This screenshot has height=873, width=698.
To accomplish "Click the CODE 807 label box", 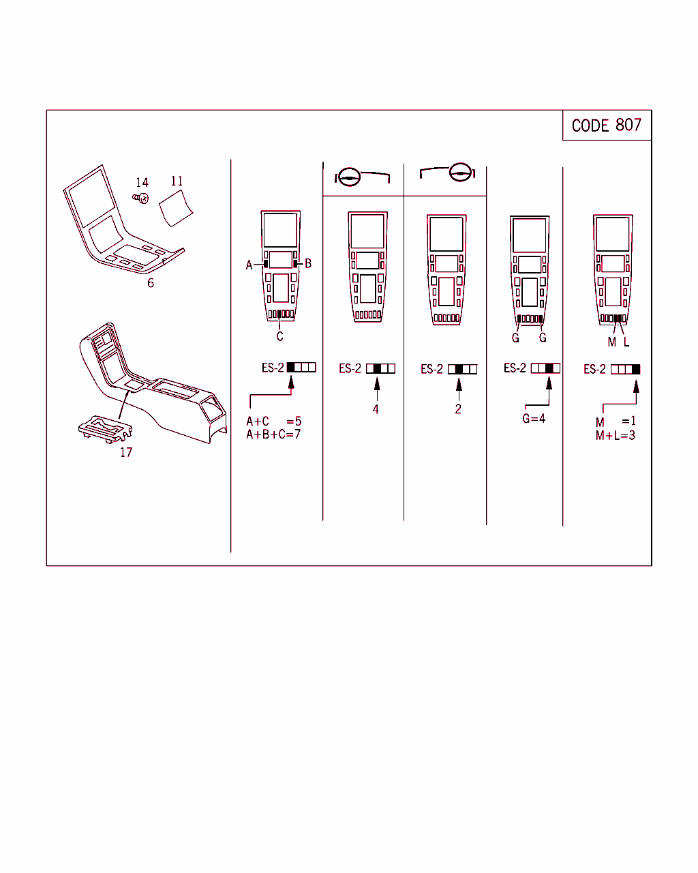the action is (x=607, y=125).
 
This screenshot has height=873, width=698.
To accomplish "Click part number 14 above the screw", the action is (x=142, y=182).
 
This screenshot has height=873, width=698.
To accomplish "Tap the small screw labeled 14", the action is (x=140, y=198).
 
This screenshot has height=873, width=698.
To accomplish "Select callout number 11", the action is (x=177, y=181).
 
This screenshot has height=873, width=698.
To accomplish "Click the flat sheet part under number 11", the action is (x=176, y=208).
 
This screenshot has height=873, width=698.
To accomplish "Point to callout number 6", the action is (x=151, y=283).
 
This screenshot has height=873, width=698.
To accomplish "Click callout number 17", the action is (x=126, y=452).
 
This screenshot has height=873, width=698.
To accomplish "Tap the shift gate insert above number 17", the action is (x=106, y=429).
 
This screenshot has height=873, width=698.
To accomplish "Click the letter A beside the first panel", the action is (x=249, y=265).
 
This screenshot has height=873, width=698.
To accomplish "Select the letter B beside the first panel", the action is (x=308, y=263).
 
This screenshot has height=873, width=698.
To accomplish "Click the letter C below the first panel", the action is (x=280, y=336).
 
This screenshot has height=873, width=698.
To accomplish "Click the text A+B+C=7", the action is (x=273, y=434).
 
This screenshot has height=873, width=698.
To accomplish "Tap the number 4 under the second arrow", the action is (x=376, y=409).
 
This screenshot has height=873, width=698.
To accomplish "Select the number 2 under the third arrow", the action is (x=458, y=409).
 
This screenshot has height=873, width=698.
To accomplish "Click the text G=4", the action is (x=534, y=418).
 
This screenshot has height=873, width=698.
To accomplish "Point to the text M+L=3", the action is (x=616, y=435).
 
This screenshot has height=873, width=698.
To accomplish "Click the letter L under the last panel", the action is (x=626, y=342).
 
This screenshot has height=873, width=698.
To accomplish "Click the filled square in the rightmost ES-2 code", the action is (x=636, y=369).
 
